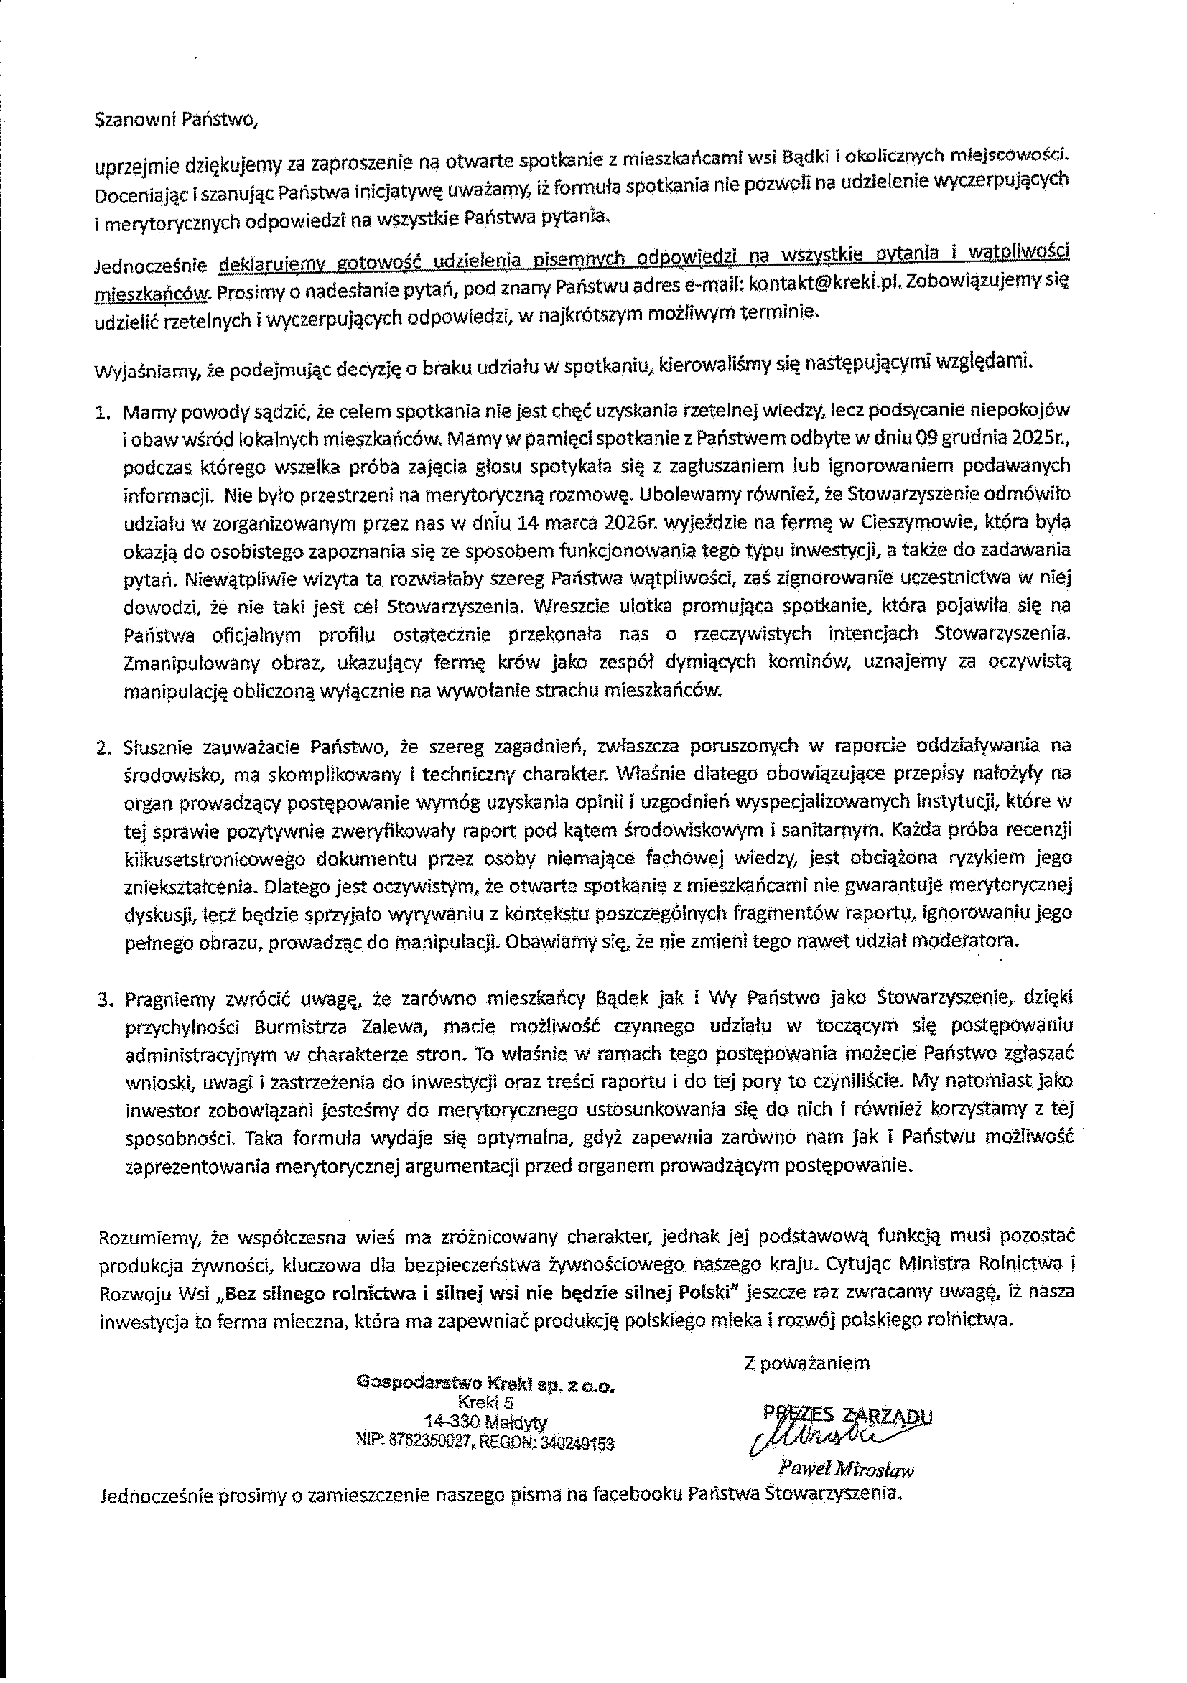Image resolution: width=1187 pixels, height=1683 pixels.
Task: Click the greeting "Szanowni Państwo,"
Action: (177, 121)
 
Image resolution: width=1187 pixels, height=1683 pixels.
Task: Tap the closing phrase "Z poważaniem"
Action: (806, 1363)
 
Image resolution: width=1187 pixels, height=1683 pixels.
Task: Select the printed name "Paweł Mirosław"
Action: (846, 1469)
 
